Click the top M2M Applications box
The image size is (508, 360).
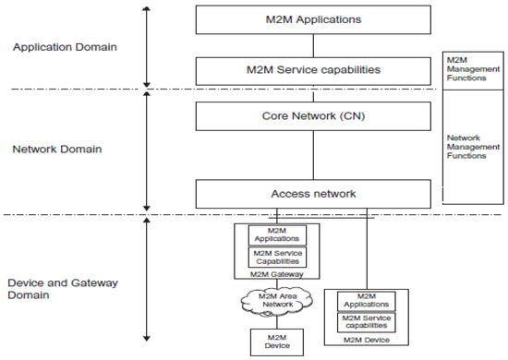pos(314,18)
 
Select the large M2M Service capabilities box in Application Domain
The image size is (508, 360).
pos(314,69)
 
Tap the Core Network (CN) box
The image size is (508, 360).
pos(314,115)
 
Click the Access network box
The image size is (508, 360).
pos(314,193)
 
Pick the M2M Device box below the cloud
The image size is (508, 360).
pos(276,342)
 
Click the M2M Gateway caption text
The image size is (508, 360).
pos(277,272)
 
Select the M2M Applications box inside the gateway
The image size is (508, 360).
pos(277,234)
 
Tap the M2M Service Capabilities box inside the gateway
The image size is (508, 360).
pos(277,256)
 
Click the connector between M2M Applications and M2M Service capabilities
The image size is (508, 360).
pos(314,43)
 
